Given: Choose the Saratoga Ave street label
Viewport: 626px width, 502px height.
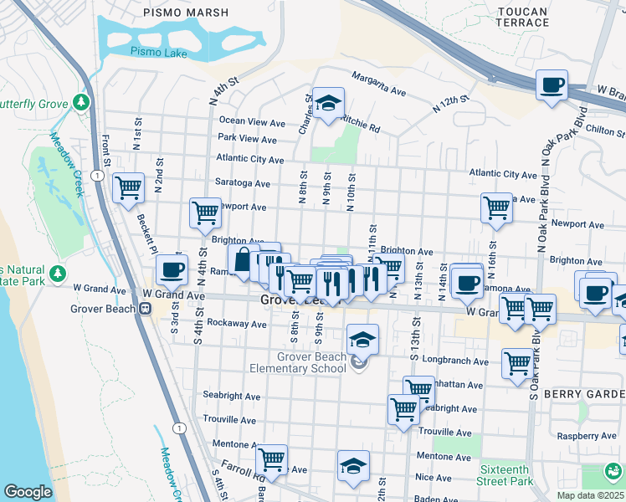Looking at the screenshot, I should (x=244, y=183).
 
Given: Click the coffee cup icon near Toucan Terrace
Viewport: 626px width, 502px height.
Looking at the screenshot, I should (x=552, y=85).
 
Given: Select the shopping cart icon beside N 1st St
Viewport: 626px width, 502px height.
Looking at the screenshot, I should (x=128, y=187).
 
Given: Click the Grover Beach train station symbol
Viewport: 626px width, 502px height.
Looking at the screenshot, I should (x=145, y=308).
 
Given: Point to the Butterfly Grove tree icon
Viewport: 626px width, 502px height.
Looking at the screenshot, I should (x=80, y=102).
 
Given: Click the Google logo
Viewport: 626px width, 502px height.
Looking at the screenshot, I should (x=28, y=492).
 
